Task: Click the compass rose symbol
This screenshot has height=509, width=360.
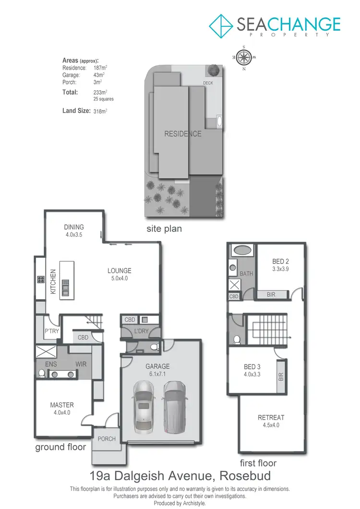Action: pos(245,57)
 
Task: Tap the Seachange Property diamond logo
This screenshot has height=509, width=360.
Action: pos(221,25)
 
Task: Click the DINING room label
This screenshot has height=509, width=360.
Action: pos(74,227)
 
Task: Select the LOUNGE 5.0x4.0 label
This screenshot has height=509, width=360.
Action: pos(119,274)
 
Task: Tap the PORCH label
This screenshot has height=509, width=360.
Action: pos(107,438)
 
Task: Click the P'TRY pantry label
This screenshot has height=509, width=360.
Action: pos(51,331)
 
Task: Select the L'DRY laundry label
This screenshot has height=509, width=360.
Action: pos(141,331)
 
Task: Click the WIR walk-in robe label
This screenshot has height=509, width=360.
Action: pos(81,364)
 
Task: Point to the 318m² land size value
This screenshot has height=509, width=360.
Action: pos(100,111)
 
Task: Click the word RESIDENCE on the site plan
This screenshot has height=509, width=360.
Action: pos(183,134)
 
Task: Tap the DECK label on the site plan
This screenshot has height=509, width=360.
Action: pos(207,83)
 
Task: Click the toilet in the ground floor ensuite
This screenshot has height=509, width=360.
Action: pos(42,373)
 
